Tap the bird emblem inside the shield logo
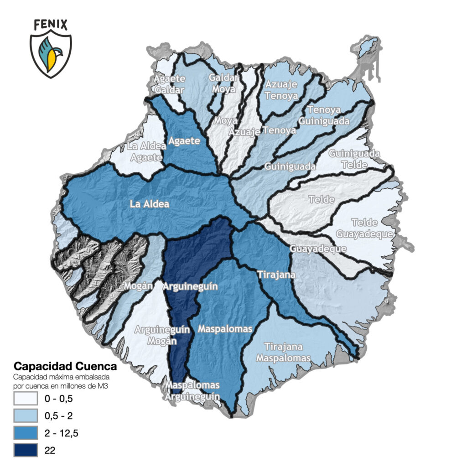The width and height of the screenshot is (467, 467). tap(51, 52)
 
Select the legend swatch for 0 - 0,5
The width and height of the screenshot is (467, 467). tap(25, 399)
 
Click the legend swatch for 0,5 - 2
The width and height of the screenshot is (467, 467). tap(25, 416)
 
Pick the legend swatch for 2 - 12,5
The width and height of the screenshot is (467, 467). tap(25, 433)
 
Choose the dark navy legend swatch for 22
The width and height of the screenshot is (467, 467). tap(25, 450)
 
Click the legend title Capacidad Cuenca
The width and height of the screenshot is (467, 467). tap(65, 366)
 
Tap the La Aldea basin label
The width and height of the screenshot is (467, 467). tap(149, 204)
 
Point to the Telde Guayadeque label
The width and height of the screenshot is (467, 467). tap(365, 228)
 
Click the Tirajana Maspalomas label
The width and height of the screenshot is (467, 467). tap(284, 352)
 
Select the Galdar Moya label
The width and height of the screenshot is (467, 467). tap(223, 83)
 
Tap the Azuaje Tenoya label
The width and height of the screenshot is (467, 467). tap(281, 90)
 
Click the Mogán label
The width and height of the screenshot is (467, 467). tap(138, 286)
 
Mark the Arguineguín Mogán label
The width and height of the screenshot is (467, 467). tap(154, 336)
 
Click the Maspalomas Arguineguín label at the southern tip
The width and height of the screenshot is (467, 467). tap(192, 391)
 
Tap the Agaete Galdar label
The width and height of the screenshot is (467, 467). tap(169, 84)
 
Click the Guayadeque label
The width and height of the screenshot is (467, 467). tap(318, 249)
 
